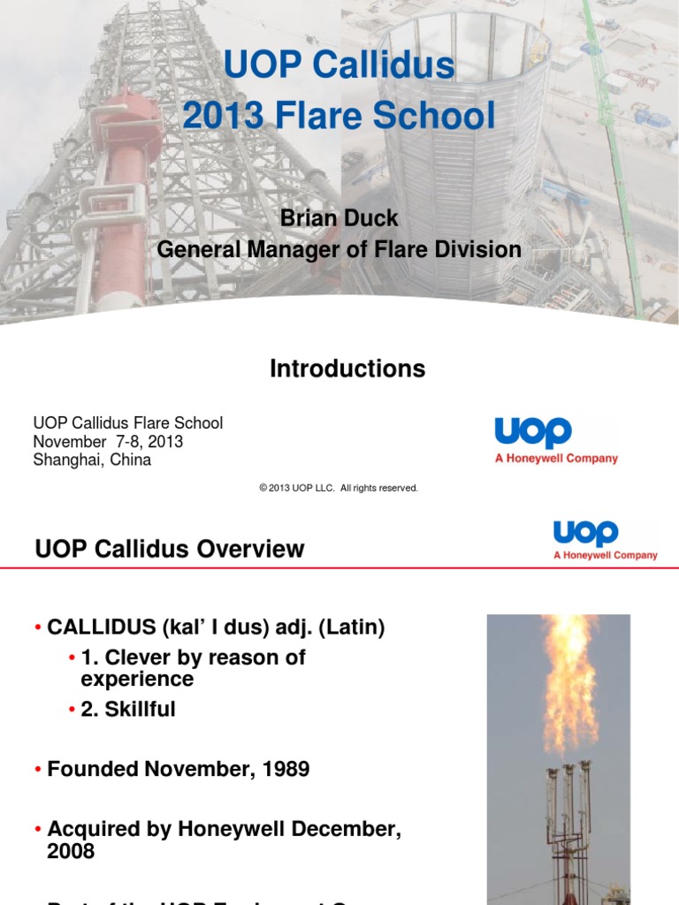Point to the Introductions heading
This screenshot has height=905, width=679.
[347, 369]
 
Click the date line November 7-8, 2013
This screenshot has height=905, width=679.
[109, 442]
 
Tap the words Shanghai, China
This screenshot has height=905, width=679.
[92, 460]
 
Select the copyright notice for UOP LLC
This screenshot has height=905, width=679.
[339, 488]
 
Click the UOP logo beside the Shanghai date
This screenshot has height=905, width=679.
[534, 433]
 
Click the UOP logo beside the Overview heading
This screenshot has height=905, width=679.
[585, 534]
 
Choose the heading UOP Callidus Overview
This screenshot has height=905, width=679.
[170, 550]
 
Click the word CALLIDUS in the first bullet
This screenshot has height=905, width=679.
[102, 628]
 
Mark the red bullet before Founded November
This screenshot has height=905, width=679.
[39, 770]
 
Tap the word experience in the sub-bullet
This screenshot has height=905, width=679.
[137, 679]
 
